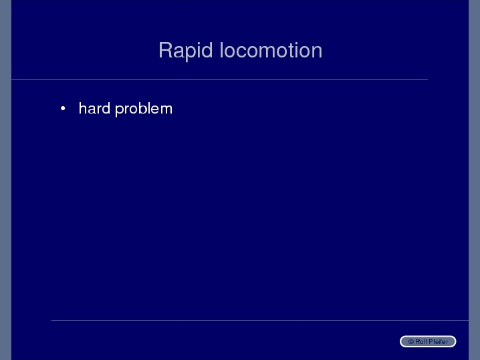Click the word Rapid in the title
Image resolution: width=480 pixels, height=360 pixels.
185,51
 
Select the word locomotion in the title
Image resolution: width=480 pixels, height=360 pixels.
271,50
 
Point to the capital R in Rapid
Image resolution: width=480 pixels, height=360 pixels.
165,50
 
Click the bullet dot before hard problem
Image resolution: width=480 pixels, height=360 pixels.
63,108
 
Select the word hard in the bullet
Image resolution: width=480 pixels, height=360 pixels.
94,108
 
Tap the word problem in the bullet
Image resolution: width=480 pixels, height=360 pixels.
144,109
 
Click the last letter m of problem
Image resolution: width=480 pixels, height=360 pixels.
166,110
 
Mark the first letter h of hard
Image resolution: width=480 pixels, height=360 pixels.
82,108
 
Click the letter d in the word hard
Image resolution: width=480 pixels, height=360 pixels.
106,109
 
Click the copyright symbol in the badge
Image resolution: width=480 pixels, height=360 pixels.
411,342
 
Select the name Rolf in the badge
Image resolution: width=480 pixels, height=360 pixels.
421,342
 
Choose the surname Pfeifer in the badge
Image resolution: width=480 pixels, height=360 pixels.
439,342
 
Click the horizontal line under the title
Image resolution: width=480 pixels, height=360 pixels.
219,80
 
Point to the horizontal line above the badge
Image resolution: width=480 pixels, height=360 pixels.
259,320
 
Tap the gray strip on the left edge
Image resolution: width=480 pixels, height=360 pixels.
5,180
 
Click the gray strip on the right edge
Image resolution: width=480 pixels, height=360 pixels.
474,180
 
